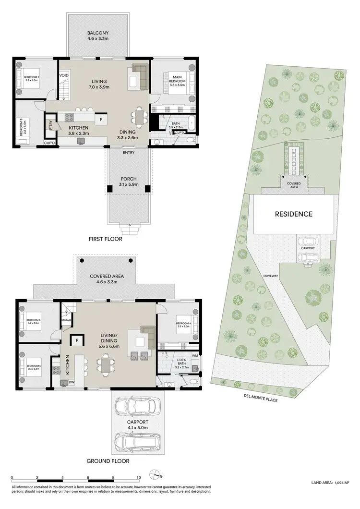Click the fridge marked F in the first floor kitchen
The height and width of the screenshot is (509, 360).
point(101,119)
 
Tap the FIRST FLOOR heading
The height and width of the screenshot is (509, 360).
point(105,239)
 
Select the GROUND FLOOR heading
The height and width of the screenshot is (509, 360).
point(107,461)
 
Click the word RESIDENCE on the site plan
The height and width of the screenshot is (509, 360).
point(293,214)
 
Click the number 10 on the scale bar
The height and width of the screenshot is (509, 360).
point(139,478)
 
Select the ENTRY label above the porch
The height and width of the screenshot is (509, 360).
point(128,153)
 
